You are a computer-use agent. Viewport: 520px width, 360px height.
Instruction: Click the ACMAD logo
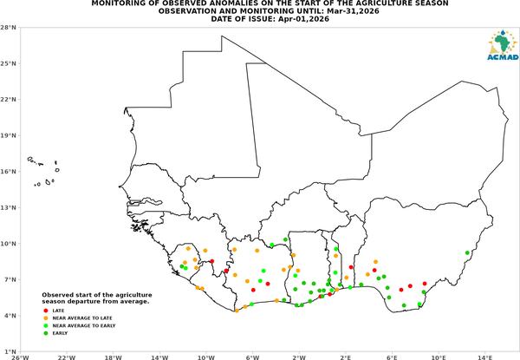point(503,45)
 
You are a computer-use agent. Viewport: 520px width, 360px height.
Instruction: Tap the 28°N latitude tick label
point(9,28)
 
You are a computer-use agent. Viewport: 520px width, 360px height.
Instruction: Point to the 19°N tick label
point(9,135)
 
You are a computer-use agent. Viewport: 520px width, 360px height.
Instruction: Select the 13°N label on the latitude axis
point(9,207)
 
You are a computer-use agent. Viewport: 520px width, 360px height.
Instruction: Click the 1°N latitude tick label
point(10,351)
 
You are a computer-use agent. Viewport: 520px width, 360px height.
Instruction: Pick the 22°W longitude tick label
point(67,357)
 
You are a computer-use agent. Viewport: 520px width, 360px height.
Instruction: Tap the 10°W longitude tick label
point(206,357)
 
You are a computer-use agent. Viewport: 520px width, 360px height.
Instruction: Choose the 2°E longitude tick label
point(346,357)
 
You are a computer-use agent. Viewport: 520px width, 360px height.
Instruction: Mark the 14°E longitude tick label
point(484,357)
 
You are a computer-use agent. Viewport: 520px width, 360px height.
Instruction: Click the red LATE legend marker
point(46,311)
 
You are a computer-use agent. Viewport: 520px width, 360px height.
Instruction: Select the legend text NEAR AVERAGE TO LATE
point(82,317)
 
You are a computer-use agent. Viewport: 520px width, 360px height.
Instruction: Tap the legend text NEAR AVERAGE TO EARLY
point(84,325)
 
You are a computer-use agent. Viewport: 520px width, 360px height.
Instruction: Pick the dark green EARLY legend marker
point(46,333)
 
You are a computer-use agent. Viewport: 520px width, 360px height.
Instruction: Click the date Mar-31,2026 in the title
point(354,11)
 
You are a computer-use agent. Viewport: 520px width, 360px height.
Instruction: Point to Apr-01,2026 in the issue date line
point(303,19)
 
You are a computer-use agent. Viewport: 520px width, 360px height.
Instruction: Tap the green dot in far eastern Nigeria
point(467,252)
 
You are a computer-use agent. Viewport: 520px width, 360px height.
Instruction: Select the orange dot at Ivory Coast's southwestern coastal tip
point(237,311)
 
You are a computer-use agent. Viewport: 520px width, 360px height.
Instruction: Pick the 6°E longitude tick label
point(392,357)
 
